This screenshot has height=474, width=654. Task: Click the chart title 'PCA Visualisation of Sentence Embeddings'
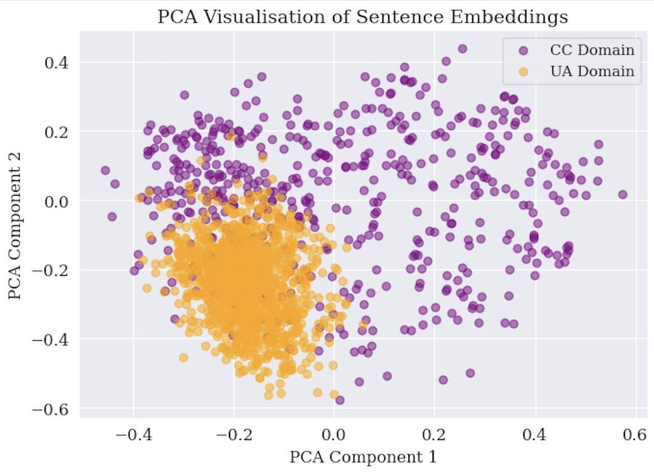point(363,17)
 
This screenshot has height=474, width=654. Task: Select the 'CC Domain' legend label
point(592,50)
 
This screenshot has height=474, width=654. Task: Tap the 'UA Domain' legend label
point(592,72)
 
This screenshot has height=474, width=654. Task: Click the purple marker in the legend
point(524,50)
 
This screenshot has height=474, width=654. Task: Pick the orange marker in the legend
point(524,72)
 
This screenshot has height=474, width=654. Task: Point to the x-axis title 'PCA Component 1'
point(363,457)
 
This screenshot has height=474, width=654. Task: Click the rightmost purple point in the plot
point(622,194)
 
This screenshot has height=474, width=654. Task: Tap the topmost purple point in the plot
point(462,48)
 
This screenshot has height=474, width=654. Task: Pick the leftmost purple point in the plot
point(105,170)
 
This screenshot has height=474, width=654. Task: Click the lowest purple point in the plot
point(339,400)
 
